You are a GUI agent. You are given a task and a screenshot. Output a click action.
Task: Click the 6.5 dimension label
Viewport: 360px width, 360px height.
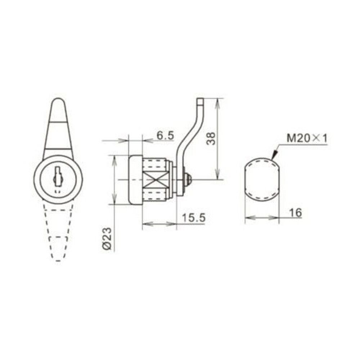click(166, 136)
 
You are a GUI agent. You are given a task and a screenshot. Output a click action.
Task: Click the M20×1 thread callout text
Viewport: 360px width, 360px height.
click(307, 138)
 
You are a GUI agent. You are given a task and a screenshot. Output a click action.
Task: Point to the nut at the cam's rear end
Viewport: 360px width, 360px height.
click(187, 180)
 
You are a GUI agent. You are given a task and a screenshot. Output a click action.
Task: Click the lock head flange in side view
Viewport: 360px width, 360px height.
click(135, 180)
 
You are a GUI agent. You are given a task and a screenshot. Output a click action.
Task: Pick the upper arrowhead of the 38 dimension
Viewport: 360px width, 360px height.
click(217, 102)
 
